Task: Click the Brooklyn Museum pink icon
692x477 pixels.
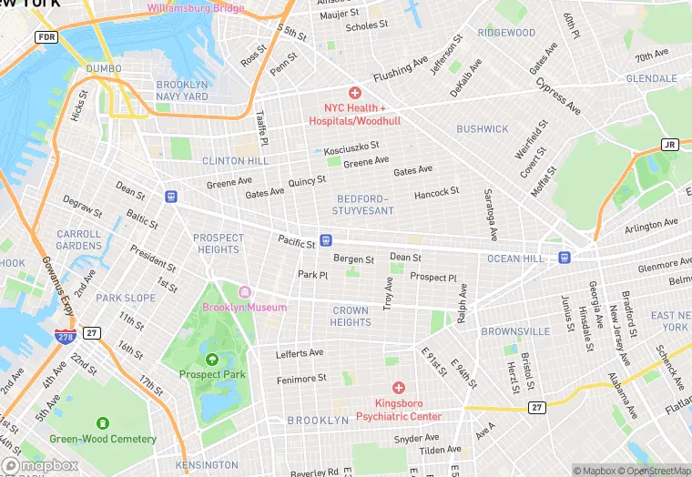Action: click(244, 291)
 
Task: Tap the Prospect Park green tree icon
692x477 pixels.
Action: click(212, 359)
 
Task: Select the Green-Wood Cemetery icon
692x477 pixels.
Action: click(102, 423)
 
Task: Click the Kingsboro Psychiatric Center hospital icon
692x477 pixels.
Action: click(399, 388)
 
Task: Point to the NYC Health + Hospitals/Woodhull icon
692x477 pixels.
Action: click(354, 93)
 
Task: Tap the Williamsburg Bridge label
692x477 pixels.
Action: click(196, 8)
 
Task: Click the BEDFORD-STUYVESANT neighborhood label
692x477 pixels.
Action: click(364, 204)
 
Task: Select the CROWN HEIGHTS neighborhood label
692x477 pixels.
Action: click(351, 316)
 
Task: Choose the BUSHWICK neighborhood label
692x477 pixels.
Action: click(483, 129)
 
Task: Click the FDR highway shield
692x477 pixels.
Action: click(46, 37)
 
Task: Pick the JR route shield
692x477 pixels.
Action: click(669, 145)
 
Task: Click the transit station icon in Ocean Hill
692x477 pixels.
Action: click(565, 258)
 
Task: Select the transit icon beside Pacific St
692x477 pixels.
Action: click(326, 240)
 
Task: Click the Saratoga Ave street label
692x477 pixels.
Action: click(489, 215)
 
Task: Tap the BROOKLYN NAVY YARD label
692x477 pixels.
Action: click(182, 90)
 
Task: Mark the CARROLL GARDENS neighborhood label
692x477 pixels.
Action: click(79, 239)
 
